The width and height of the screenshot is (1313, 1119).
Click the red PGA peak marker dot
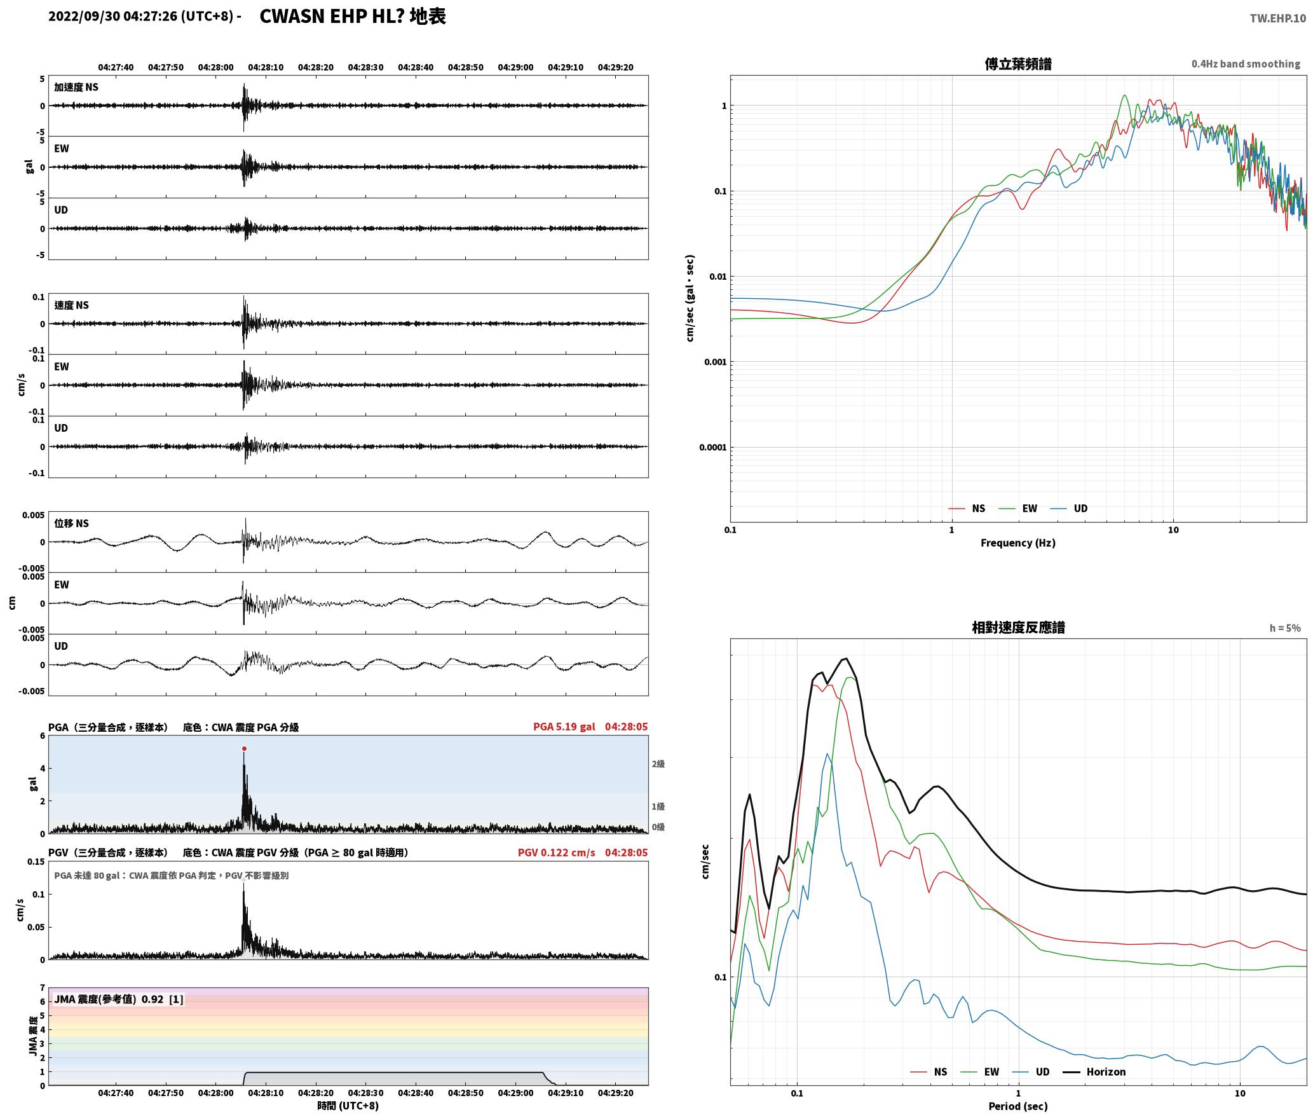point(244,748)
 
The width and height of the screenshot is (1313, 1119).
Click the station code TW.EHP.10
point(1277,18)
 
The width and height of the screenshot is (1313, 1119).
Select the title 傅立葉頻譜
point(1017,64)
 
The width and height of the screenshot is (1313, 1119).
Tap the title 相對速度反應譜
point(1018,628)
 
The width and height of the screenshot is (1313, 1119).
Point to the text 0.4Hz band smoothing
point(1246,64)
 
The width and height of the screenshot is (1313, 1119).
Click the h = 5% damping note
point(1285,628)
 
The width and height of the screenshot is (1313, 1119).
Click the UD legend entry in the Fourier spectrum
point(1068,508)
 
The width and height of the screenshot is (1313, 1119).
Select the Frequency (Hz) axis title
point(1017,542)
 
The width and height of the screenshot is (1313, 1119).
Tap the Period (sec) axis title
point(1017,1106)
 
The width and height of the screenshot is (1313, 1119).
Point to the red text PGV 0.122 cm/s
point(557,853)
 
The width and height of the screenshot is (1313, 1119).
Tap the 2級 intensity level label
point(658,764)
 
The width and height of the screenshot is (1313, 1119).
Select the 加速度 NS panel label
point(76,87)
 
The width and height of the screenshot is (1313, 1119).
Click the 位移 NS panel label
point(71,523)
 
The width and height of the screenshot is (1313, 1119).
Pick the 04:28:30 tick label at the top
point(365,67)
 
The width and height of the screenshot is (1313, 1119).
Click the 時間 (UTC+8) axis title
point(348,1106)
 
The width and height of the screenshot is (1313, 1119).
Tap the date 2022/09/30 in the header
point(84,17)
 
